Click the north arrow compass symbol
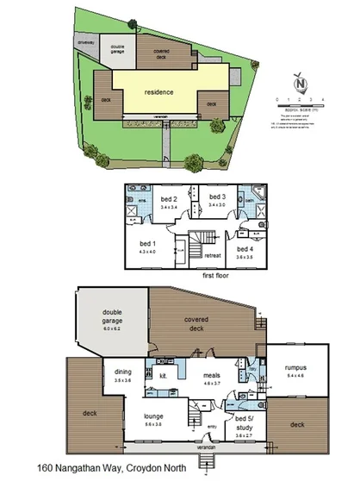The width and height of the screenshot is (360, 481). tap(299, 84)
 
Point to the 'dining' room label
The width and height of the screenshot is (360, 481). tap(123, 372)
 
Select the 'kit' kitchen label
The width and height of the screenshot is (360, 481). tap(162, 376)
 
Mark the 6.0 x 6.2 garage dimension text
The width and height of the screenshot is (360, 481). tap(113, 329)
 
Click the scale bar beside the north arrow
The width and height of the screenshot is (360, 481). tap(302, 105)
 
